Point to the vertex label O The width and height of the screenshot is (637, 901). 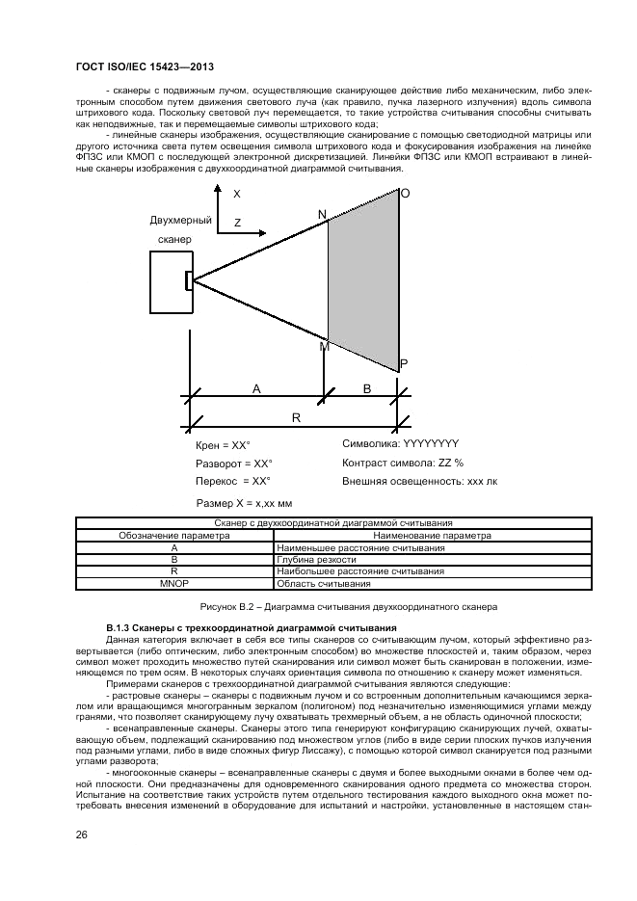coord(405,194)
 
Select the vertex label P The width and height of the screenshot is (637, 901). coord(404,363)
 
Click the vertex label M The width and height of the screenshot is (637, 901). coord(324,346)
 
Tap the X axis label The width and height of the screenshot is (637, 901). coord(236,194)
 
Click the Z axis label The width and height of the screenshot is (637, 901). coord(237,223)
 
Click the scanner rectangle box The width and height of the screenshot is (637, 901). coord(169,280)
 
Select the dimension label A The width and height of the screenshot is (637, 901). coord(256,387)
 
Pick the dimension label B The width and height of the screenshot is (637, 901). coord(366,387)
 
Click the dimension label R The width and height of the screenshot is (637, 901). coord(296,417)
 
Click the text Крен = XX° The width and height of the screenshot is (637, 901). coord(223,445)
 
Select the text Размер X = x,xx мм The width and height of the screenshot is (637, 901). coord(244,503)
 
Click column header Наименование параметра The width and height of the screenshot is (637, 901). coord(417,535)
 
